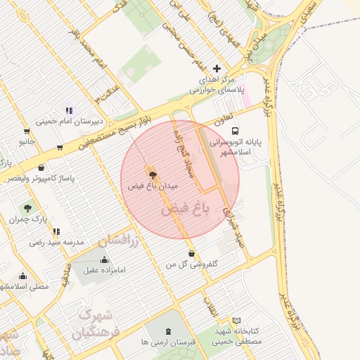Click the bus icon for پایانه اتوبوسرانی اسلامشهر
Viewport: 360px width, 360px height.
coord(235,130)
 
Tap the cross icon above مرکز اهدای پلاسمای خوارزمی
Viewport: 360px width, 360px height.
coord(217,68)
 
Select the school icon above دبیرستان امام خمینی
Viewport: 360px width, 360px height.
coord(69,110)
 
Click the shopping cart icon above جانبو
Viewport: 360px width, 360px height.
coord(27,131)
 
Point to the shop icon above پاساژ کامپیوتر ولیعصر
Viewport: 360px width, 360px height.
coord(41,168)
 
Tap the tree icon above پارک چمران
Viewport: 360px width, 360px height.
coord(27,208)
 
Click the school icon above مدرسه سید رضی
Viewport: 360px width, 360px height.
coord(56,231)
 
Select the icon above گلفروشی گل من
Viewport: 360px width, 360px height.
coord(191,254)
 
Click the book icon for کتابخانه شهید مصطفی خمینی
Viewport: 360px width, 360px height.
coord(236,321)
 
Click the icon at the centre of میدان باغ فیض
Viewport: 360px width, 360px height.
coord(153,173)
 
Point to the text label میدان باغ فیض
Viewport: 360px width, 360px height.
coord(154,186)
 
